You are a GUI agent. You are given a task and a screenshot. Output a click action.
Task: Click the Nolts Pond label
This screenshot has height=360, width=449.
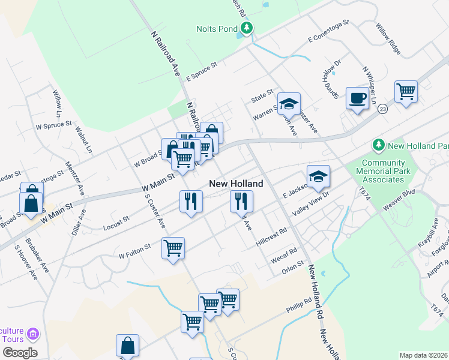217,29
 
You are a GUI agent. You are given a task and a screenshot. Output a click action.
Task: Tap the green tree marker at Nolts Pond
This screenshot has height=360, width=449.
246,28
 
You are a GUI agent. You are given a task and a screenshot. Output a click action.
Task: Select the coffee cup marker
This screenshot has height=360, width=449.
358,98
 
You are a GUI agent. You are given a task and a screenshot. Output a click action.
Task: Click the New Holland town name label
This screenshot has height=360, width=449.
236,183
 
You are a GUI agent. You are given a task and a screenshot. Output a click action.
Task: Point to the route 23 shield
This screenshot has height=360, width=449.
383,109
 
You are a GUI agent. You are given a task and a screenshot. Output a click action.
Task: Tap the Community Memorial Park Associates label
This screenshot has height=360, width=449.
384,171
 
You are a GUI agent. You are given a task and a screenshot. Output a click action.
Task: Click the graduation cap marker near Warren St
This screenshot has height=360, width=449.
289,104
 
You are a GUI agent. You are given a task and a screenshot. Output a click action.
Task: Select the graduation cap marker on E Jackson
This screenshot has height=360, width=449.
318,176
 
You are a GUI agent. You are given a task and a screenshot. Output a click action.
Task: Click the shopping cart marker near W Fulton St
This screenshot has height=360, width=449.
173,248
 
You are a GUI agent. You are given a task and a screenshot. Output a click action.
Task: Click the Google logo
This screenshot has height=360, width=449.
19,352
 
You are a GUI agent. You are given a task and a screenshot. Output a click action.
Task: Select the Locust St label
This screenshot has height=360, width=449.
116,220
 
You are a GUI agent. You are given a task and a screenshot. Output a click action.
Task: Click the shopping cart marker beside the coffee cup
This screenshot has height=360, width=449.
406,92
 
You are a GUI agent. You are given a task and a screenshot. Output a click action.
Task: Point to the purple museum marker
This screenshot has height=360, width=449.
33,333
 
